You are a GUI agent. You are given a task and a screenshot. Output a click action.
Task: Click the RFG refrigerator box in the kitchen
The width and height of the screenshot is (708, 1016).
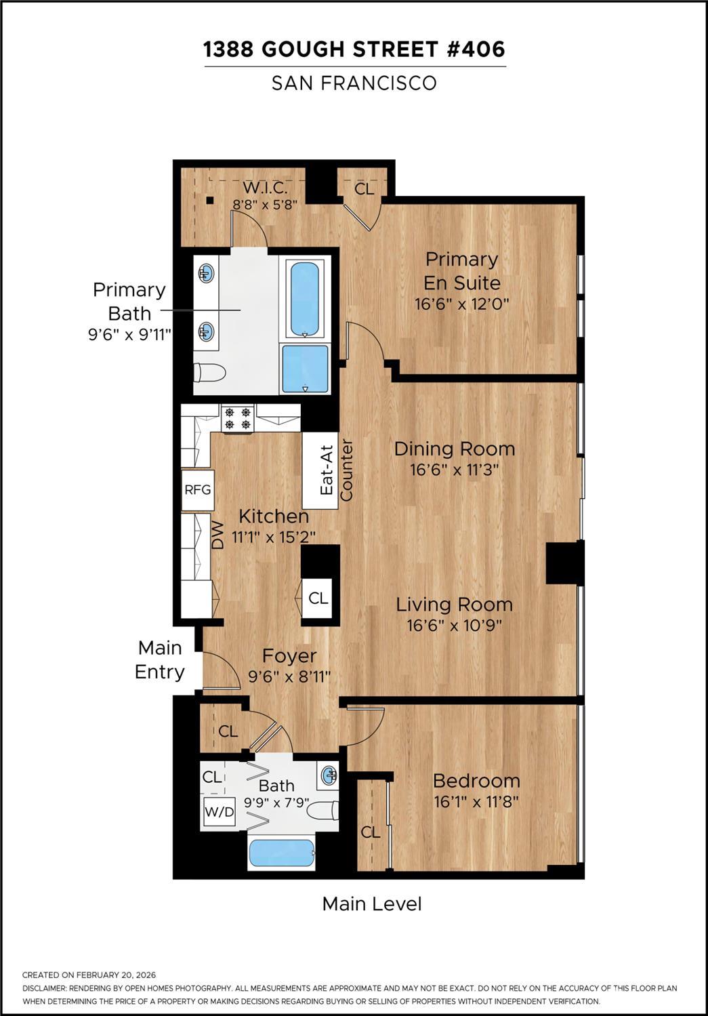point(198,490)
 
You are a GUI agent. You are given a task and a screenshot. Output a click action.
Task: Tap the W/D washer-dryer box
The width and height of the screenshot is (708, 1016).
point(219,812)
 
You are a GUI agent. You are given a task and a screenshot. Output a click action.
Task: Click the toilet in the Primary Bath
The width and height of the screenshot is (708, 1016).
point(209,373)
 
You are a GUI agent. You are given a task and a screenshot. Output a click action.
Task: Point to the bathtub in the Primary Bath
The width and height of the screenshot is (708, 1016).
point(305,300)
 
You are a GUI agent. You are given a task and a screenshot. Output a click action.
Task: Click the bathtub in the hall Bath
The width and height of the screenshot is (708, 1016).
point(281,853)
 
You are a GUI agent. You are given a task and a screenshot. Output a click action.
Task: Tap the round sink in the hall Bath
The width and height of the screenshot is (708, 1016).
point(329,775)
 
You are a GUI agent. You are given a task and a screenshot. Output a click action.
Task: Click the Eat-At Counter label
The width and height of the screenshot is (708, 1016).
point(336,470)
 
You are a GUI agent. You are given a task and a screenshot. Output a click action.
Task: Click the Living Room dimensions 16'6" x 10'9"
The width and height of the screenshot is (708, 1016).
point(455,626)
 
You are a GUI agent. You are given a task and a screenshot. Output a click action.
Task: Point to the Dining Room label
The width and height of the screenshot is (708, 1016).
point(455,449)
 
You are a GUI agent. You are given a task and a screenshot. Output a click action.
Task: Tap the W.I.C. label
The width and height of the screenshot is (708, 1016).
point(265,187)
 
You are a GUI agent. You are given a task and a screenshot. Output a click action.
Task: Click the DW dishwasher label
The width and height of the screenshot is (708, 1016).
point(218,535)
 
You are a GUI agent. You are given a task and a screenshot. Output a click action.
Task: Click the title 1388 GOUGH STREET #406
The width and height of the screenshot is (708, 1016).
point(354,49)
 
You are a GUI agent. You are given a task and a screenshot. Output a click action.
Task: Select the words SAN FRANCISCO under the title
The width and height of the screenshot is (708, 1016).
point(354,83)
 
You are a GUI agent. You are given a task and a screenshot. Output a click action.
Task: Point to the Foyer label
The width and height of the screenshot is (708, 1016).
point(289,656)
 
